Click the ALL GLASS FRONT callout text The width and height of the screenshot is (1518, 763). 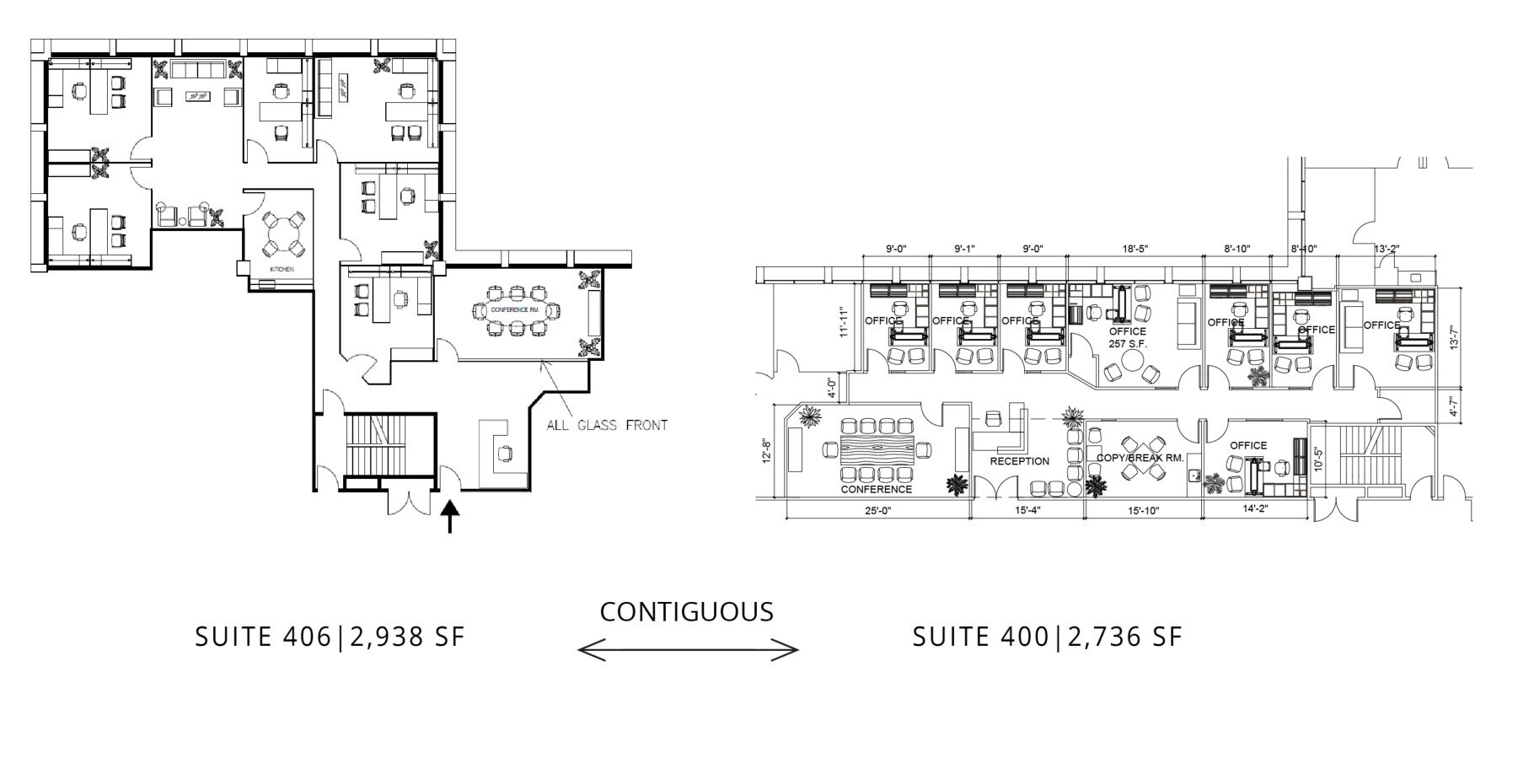[607, 425]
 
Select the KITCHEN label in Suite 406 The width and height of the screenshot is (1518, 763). [281, 269]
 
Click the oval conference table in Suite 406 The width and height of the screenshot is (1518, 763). [516, 310]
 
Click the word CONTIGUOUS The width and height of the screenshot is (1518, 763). [686, 611]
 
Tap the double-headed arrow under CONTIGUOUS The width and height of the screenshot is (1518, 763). [688, 649]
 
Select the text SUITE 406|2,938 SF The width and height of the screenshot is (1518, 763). [330, 637]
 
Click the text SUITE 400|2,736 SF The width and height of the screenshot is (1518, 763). [1048, 637]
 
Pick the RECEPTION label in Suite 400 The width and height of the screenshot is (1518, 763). [1019, 461]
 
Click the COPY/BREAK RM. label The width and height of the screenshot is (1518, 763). [1140, 458]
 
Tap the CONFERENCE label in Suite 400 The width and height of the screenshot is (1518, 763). [876, 489]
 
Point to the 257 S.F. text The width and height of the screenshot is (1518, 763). [1128, 344]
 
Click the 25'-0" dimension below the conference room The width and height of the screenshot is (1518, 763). [877, 510]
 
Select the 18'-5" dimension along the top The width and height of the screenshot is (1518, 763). [1134, 249]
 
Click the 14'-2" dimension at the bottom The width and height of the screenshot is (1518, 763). [1255, 508]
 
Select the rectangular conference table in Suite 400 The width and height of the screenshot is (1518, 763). [877, 449]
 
